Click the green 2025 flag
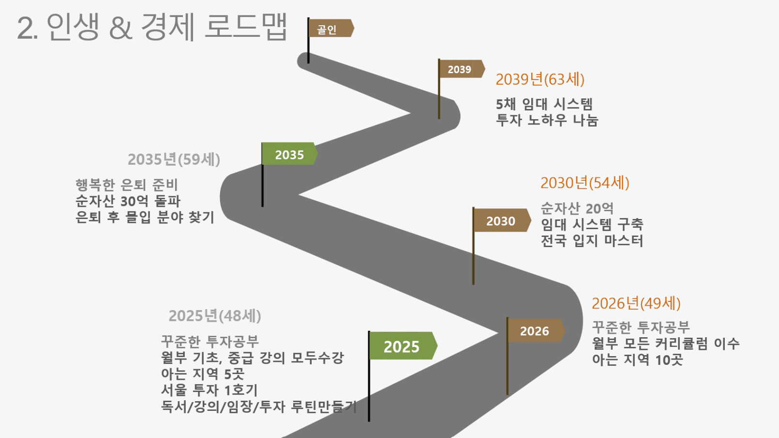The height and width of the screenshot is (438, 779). coord(403,346)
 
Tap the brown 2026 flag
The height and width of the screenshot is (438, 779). coord(536,330)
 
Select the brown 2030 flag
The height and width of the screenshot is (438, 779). coord(502,220)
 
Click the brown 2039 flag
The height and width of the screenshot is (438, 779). coord(462,69)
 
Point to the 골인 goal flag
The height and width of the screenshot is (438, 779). coord(331,28)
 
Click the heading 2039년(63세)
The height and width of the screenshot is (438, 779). coord(540,79)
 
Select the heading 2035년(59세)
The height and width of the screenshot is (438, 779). coord(174,159)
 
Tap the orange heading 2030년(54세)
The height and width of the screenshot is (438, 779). coord(585,183)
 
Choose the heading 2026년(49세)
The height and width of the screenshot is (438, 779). coord(636,303)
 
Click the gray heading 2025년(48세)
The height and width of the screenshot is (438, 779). coord(215,316)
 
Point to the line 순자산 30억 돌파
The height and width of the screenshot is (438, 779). coord(128,201)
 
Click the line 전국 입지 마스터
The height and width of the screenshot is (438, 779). coord(592,241)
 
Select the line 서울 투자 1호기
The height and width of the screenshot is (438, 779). coord(210,390)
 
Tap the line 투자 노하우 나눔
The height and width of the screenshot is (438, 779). coord(547,120)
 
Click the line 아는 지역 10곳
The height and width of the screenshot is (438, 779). coord(637,360)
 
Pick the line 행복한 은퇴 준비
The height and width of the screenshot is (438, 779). coord(127,185)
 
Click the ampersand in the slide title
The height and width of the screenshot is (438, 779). coord(120,28)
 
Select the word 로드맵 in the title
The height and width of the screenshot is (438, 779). coord(245,27)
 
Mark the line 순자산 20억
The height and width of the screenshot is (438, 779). coord(577,208)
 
